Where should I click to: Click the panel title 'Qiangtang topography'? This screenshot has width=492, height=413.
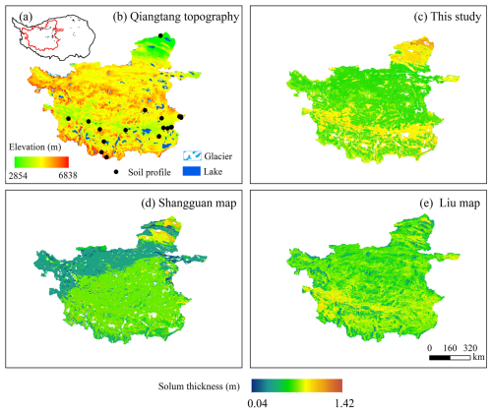(x=185, y=17)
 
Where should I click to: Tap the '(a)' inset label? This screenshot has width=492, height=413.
(x=26, y=17)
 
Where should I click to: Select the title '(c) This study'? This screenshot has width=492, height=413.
(x=448, y=17)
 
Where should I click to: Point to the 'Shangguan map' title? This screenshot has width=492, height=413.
(x=198, y=204)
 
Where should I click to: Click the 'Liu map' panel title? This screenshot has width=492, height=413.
(x=460, y=204)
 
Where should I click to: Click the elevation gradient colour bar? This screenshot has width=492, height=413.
(x=41, y=162)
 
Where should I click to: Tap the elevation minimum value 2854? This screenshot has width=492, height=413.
(x=18, y=176)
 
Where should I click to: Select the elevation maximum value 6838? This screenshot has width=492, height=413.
(x=68, y=176)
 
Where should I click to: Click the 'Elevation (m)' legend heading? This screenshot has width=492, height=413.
(x=35, y=147)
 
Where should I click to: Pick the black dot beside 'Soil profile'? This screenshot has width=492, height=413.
(x=116, y=172)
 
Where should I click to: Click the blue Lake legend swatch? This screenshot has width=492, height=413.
(x=192, y=171)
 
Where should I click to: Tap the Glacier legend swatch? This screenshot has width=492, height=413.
(x=192, y=156)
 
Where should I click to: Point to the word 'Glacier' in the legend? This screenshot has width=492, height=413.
(x=218, y=156)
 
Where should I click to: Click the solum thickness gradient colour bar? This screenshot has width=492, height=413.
(x=297, y=385)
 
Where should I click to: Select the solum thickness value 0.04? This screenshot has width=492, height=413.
(x=257, y=403)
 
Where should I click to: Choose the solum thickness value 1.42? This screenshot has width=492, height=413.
(x=344, y=403)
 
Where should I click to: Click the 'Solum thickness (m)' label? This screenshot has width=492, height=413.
(x=199, y=386)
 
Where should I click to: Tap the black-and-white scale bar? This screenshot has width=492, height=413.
(x=450, y=358)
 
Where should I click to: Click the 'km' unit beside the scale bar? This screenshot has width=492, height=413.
(x=478, y=357)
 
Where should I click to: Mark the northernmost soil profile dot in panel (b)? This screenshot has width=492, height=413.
(x=160, y=35)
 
